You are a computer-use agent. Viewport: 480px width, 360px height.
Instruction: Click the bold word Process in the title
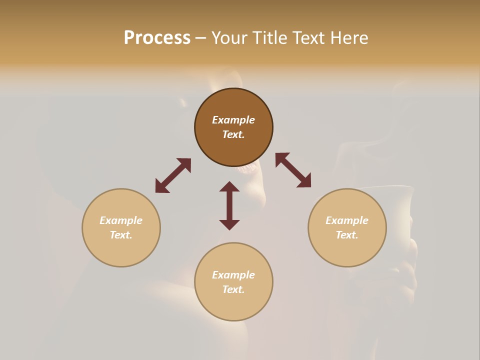[157, 38]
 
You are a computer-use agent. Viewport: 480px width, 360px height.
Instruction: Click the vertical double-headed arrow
[229, 205]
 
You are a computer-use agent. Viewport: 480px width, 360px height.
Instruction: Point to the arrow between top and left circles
[173, 175]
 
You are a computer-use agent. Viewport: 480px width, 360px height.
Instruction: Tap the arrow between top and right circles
[293, 170]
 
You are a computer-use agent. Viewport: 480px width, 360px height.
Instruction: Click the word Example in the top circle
[233, 120]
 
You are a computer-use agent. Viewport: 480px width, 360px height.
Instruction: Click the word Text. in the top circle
[233, 134]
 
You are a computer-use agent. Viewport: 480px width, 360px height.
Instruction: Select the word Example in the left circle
[121, 220]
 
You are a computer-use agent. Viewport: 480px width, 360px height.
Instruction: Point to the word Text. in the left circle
[121, 235]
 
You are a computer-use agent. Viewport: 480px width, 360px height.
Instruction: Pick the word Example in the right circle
[347, 220]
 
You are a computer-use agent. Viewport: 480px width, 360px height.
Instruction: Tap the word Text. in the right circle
[347, 235]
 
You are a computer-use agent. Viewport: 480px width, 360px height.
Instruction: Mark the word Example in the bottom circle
[233, 275]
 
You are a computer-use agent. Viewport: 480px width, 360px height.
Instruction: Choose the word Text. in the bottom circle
[233, 289]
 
